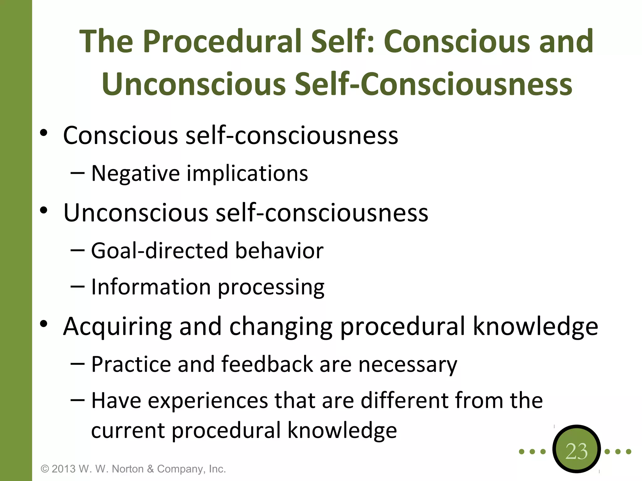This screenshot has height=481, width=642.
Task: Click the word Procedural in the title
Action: click(x=223, y=41)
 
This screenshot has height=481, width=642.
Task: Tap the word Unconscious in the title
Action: click(x=194, y=84)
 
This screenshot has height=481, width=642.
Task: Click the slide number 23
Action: click(x=576, y=451)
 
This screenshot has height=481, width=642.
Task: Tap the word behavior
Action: click(x=279, y=251)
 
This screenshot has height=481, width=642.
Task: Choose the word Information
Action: click(x=151, y=287)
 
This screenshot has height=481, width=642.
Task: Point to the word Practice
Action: click(x=131, y=364)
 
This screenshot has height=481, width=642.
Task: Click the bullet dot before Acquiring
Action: click(x=44, y=324)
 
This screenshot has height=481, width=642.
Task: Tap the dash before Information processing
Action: click(x=77, y=286)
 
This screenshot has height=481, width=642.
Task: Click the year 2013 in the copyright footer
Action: click(x=63, y=469)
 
